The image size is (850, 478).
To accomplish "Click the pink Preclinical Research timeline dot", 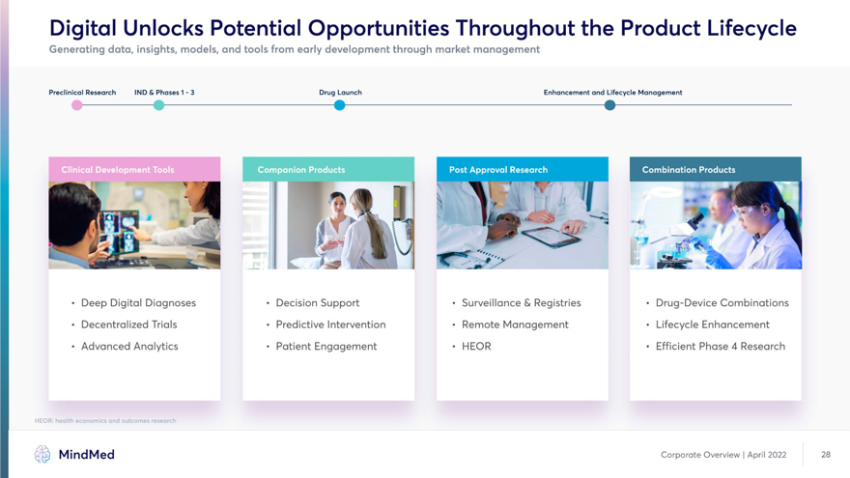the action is click(x=77, y=105).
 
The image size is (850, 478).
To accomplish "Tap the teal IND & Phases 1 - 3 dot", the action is click(x=158, y=105).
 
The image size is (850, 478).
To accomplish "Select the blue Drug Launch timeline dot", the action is click(x=339, y=105).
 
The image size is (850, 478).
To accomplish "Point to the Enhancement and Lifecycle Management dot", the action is click(x=609, y=105).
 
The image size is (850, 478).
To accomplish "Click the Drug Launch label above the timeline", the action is click(x=340, y=93).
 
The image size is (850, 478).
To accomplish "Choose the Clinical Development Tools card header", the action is click(x=134, y=170).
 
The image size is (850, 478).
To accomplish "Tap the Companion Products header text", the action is click(x=301, y=170).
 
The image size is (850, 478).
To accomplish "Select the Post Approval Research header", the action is click(x=523, y=170).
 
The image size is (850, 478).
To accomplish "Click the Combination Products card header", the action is click(x=716, y=170).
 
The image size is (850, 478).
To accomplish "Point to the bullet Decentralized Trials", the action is click(x=129, y=324).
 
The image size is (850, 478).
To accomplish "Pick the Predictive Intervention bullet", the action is click(x=330, y=324).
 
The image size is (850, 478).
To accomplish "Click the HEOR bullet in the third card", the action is click(x=476, y=347).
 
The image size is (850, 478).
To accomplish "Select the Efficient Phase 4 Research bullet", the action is click(x=721, y=347).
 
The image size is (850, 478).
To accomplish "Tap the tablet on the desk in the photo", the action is click(x=552, y=237).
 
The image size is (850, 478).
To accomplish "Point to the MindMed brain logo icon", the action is click(x=42, y=454).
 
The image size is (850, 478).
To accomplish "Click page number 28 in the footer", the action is click(x=826, y=455).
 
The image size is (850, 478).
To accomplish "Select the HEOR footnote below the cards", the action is click(x=105, y=421).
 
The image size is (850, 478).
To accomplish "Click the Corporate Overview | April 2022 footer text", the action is click(x=723, y=455).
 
